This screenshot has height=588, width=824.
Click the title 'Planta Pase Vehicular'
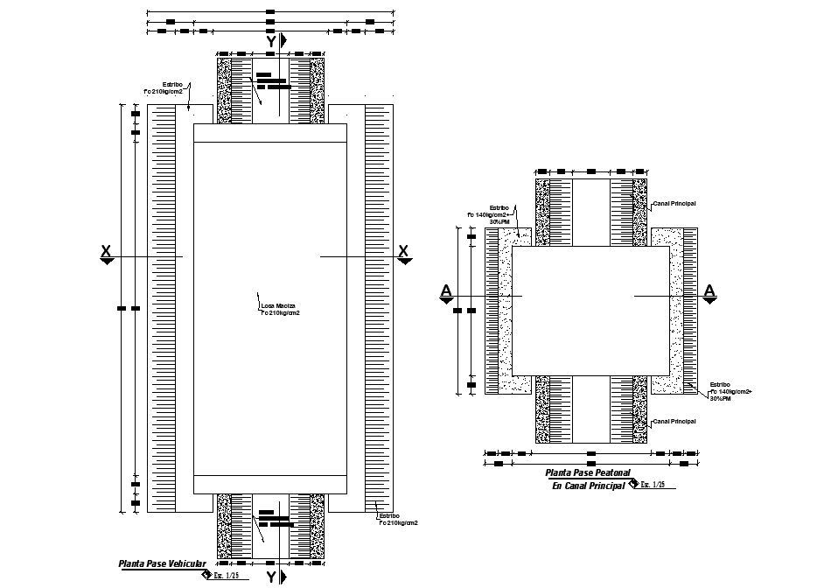[162, 564]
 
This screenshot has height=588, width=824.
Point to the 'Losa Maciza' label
[279, 308]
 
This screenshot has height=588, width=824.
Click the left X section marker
[106, 254]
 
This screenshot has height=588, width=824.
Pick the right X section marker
[403, 254]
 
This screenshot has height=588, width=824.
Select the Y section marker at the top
[271, 41]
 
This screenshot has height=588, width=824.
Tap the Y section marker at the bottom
[271, 577]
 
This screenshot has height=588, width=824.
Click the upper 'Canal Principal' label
[674, 203]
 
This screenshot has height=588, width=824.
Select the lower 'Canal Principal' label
[674, 421]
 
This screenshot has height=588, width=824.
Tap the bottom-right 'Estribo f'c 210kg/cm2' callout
[397, 520]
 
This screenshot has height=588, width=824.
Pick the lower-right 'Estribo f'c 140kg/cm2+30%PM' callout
[730, 391]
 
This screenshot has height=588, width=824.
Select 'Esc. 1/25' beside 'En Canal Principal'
[651, 485]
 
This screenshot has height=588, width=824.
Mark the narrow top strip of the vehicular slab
[270, 133]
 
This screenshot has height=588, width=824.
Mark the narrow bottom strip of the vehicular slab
[270, 484]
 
